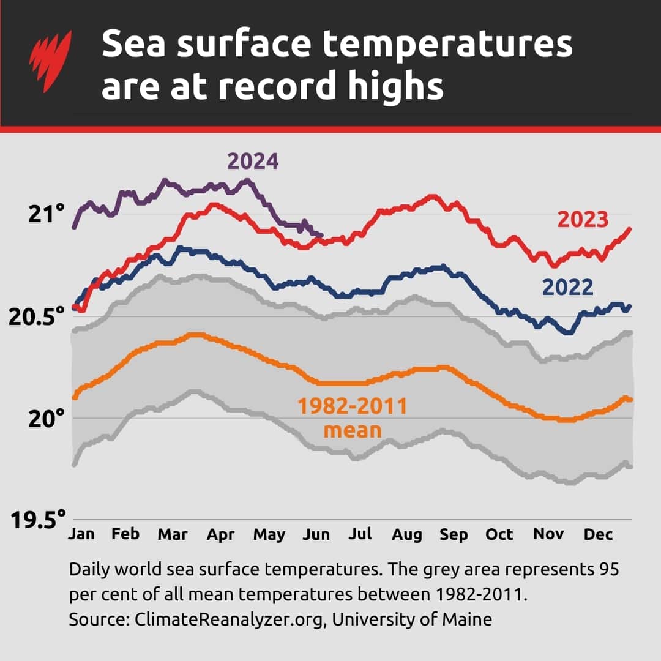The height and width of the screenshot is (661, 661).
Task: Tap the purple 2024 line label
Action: [253, 162]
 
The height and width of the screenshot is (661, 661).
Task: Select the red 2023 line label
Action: [582, 220]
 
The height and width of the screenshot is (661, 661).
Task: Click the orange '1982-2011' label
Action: [352, 406]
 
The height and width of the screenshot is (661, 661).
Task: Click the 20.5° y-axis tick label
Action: [37, 317]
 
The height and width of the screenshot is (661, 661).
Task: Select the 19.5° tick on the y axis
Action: [37, 520]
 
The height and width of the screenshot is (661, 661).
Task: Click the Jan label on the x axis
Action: [81, 534]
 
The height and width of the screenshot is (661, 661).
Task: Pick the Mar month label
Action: [173, 534]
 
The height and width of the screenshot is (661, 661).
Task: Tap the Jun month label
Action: [316, 534]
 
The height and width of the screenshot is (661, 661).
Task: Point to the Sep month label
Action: [454, 534]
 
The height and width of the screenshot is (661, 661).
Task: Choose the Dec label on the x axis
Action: [598, 534]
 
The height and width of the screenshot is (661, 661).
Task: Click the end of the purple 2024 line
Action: [322, 234]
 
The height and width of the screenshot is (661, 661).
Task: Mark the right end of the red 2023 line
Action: [629, 229]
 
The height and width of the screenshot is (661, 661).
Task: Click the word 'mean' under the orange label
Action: [352, 430]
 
